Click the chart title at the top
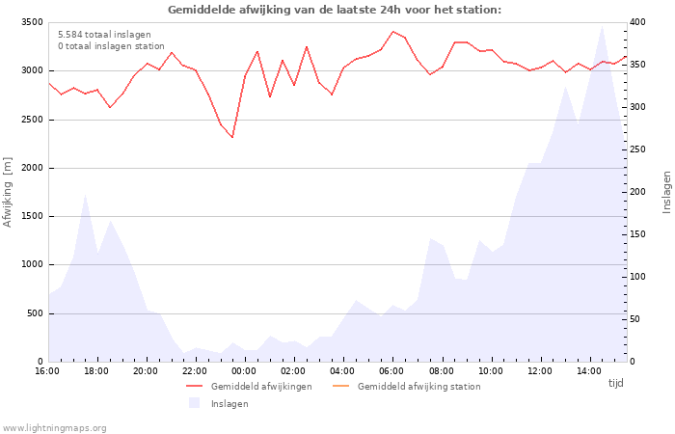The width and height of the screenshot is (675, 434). [x=335, y=10]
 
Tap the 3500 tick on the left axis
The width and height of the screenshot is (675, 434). [x=32, y=22]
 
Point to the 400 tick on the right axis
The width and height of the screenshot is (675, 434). [x=638, y=22]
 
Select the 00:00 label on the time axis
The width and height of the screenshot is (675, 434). [x=244, y=371]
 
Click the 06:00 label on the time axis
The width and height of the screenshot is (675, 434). [x=391, y=371]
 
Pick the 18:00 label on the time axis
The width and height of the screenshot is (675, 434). [x=96, y=371]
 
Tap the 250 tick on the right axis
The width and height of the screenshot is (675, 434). [x=638, y=149]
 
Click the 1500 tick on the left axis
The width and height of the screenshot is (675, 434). [x=32, y=216]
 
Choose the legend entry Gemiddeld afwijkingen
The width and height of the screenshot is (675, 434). [x=249, y=386]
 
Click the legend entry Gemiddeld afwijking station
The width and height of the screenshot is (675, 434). [x=406, y=386]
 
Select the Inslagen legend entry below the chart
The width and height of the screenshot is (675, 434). [x=219, y=403]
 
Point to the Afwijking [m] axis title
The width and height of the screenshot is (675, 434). [x=8, y=192]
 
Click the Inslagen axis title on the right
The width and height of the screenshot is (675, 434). [x=666, y=192]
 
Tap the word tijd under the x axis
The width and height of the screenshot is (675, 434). [x=615, y=383]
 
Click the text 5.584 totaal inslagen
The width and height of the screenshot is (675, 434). [x=104, y=35]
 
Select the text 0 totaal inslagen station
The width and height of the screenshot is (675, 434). [x=111, y=46]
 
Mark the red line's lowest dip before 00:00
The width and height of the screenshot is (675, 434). [x=232, y=137]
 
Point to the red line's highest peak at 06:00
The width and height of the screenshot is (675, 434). [x=392, y=32]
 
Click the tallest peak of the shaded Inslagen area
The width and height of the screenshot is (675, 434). [x=602, y=27]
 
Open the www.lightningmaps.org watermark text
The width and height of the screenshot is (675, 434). [x=54, y=428]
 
